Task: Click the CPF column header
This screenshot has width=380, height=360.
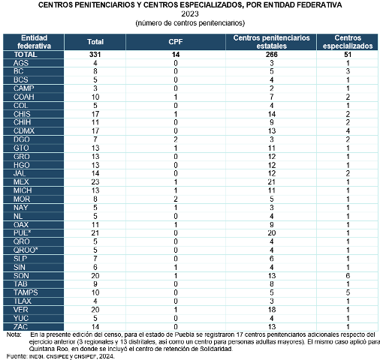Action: point(176,42)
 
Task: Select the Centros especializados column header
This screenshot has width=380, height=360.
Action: point(348,42)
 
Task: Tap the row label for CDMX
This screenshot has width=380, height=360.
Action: point(24,130)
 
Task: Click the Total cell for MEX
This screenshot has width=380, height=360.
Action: point(95,181)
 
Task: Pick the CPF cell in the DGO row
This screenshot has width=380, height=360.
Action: point(176,139)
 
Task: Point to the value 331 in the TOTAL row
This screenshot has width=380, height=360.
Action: point(95,55)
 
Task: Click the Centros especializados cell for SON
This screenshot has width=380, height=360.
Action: point(348,276)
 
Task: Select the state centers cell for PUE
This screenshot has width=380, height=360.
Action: point(272,233)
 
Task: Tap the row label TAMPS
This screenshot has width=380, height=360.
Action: point(26,292)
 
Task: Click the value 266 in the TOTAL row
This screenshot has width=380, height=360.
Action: point(272,55)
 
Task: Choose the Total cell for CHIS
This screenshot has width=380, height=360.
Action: point(95,114)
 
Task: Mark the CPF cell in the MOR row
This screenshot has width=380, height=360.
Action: point(176,199)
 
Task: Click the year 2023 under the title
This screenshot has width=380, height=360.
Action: point(190,13)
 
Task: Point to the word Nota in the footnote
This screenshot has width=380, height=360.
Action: point(14,334)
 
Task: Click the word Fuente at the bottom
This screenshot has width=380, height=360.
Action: point(17,356)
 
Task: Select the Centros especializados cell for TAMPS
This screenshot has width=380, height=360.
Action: point(348,292)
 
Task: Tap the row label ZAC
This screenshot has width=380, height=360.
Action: point(20,327)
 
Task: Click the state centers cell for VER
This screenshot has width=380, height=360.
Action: point(272,310)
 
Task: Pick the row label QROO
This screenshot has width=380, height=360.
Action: point(26,250)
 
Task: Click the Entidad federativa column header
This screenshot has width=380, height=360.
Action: point(34,42)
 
